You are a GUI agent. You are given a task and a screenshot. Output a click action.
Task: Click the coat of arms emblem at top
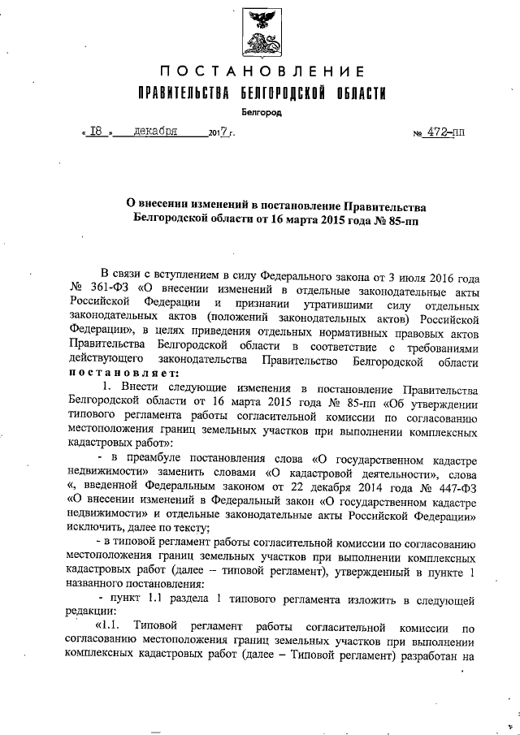pos(260,29)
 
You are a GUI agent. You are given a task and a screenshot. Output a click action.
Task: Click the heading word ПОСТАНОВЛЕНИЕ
pos(260,72)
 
